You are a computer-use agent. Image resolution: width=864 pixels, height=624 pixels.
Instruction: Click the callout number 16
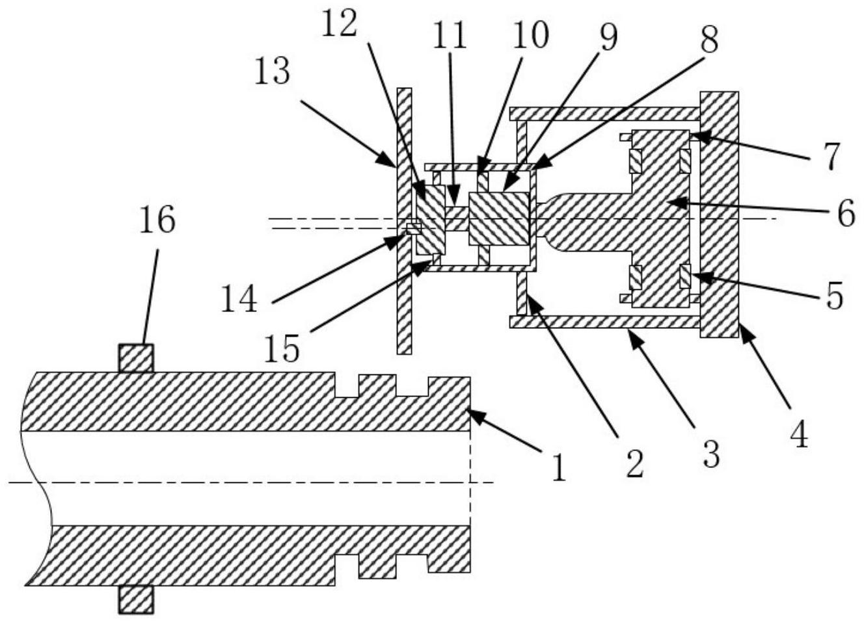coord(157,221)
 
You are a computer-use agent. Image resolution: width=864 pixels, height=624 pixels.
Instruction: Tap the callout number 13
coord(273,71)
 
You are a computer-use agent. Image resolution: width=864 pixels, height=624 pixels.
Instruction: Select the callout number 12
coord(340,24)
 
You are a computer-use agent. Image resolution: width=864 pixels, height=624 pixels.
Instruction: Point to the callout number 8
coord(708,40)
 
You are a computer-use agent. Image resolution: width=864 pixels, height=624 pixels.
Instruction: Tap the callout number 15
coord(282,349)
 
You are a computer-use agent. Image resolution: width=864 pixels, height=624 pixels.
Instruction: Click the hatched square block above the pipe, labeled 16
coord(136,357)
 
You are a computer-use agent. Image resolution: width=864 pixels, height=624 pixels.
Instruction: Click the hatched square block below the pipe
coord(136,600)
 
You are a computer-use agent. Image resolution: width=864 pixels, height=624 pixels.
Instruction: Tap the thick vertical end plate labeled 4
coord(719,214)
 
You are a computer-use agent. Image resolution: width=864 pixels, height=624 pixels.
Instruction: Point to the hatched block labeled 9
coord(499,218)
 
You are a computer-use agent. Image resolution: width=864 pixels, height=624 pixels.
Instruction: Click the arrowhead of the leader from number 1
coord(472,412)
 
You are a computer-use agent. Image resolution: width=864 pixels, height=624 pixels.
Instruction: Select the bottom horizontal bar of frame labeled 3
coord(605,322)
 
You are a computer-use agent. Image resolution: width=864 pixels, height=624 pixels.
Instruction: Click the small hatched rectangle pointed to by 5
coord(684,276)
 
